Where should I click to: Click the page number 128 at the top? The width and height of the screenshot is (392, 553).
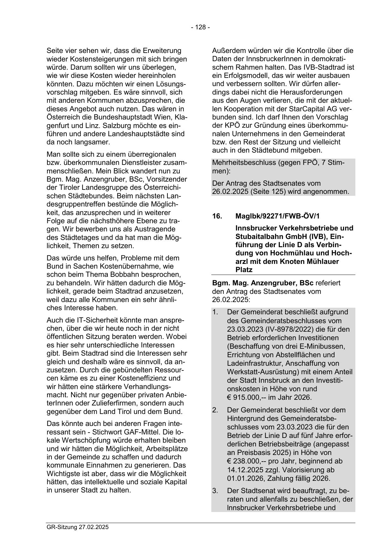click(x=200, y=27)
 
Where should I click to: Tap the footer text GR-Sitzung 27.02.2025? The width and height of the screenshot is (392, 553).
click(x=77, y=527)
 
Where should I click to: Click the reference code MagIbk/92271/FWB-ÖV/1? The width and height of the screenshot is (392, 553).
click(x=278, y=216)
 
